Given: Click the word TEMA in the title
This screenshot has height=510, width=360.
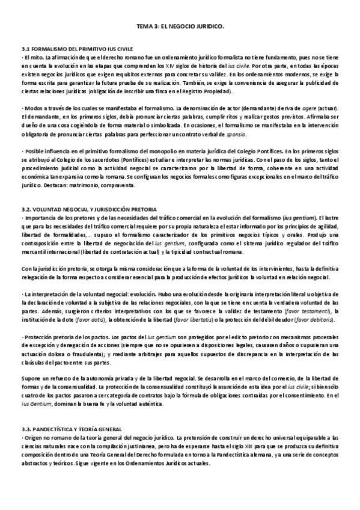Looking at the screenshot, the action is coord(144,27).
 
